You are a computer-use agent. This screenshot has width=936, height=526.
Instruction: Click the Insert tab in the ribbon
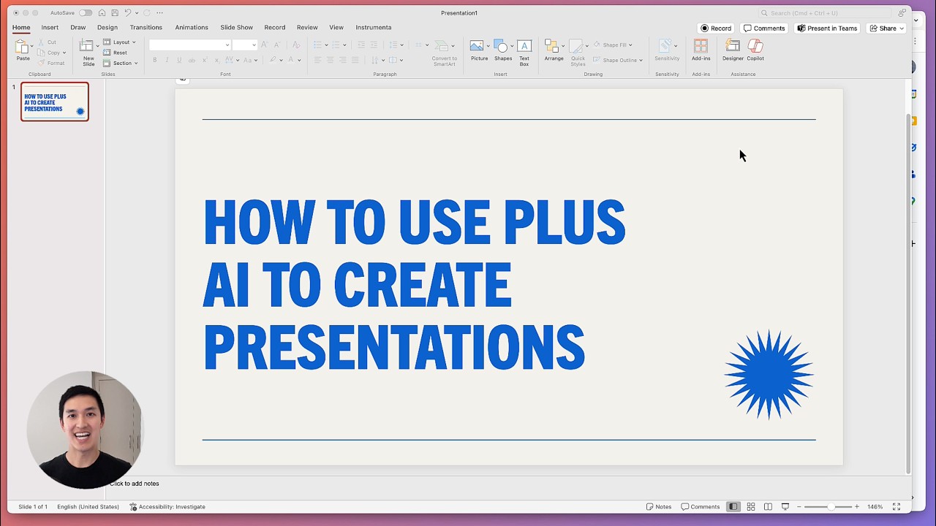pos(50,28)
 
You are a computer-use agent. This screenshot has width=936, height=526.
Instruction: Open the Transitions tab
pos(146,28)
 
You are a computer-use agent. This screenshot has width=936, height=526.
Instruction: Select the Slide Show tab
pos(236,28)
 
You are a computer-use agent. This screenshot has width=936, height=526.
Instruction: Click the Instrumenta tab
pos(373,28)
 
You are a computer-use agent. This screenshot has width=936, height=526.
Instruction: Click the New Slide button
pos(88,51)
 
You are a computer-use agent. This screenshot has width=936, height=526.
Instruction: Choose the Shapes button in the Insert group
pos(502,51)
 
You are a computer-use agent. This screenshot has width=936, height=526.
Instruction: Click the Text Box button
pos(524,51)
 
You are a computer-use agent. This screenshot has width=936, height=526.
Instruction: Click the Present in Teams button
pos(827,28)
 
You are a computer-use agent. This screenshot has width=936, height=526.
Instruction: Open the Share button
pos(886,28)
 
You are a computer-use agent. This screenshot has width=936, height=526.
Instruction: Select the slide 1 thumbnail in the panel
pos(55,102)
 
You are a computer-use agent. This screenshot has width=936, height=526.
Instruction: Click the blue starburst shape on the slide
pos(769,375)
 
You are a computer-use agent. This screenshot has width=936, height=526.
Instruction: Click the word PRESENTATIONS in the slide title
pos(393,348)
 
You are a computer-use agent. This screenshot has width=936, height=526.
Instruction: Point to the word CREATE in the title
pos(422,285)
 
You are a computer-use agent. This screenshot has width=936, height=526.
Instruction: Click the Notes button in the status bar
pos(659,507)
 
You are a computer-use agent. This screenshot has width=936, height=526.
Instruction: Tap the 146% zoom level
pos(875,507)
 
